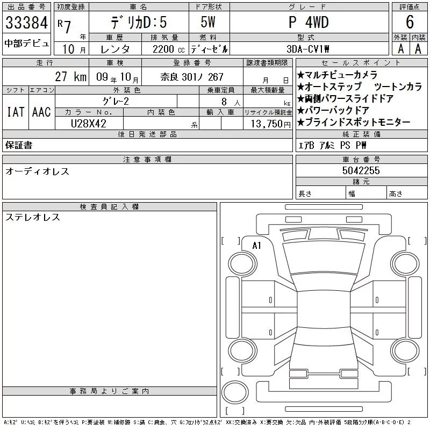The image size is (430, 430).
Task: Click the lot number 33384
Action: click(26, 22)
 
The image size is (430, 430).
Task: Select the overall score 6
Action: click(410, 21)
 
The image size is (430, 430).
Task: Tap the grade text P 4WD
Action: click(309, 22)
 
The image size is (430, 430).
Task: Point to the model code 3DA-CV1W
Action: click(307, 49)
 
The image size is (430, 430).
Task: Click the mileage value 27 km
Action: click(71, 76)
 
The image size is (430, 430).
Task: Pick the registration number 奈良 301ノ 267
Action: click(192, 77)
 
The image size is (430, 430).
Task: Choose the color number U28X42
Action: click(89, 124)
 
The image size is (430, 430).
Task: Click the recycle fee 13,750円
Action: click(271, 124)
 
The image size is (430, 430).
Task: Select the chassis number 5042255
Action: click(361, 170)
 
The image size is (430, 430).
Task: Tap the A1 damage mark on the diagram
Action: click(257, 246)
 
